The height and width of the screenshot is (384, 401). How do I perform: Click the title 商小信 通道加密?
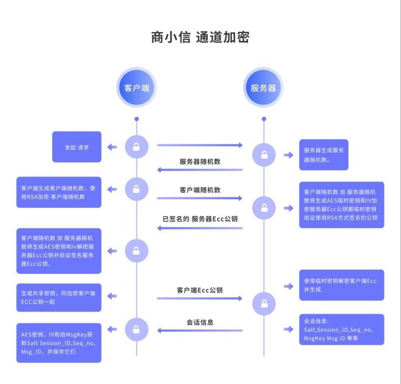[200, 37]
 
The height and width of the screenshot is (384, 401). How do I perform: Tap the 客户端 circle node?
[137, 87]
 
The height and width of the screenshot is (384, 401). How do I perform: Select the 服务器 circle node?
[263, 87]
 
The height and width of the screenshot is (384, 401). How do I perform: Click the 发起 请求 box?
[77, 147]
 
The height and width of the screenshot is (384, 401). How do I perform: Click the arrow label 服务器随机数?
[200, 161]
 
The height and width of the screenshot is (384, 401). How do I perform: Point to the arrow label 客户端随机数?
[200, 190]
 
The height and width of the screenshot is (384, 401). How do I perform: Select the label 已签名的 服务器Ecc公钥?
[200, 218]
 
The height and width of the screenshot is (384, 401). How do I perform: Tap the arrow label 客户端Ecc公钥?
[200, 290]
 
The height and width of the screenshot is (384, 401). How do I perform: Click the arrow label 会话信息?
[200, 322]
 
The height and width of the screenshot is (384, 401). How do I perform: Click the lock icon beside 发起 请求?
[137, 146]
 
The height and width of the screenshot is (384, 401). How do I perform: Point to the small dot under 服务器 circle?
[263, 119]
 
